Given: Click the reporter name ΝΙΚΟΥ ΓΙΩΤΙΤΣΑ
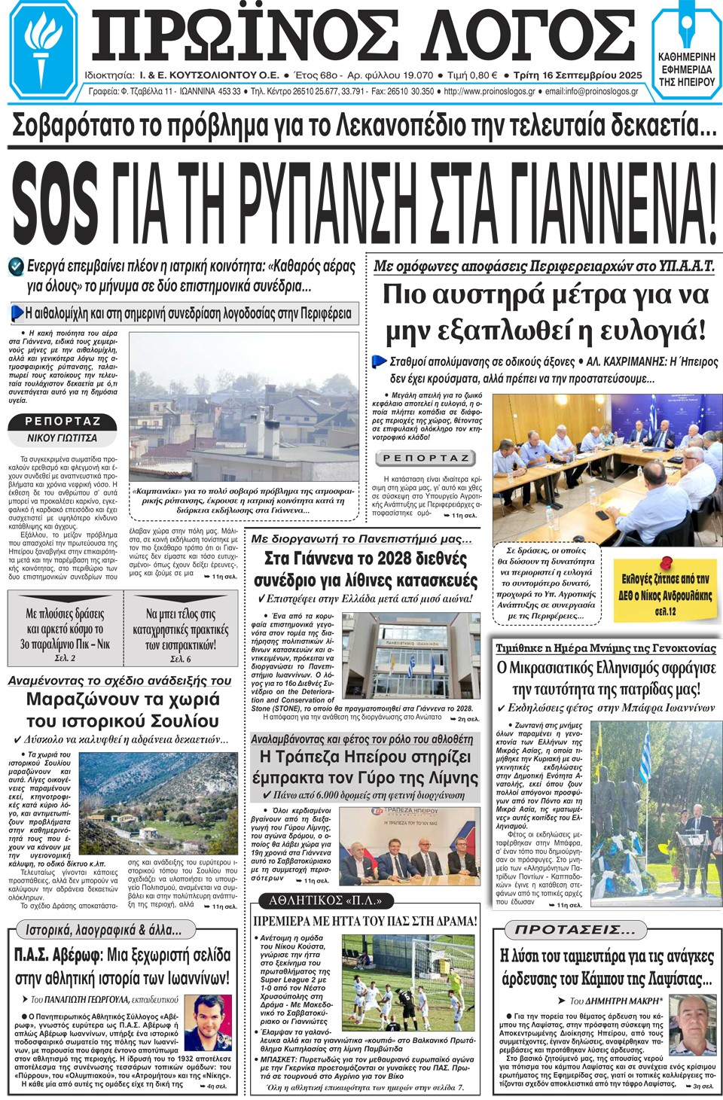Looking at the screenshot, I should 62,437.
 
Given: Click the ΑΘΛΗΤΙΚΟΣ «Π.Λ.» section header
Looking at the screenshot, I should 325,900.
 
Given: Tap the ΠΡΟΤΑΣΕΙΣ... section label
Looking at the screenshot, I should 575,929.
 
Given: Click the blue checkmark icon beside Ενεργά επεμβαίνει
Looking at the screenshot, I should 15,266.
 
